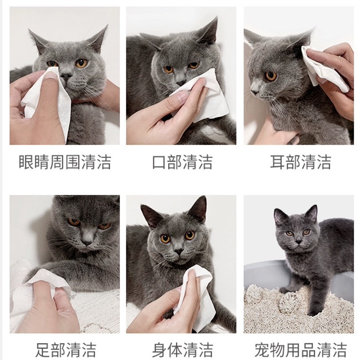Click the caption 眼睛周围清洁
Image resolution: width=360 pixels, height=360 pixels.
[65, 162]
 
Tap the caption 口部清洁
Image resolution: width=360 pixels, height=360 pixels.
[182, 162]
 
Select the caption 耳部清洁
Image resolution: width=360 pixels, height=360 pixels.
[300, 162]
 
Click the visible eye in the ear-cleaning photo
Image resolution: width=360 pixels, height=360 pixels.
[271, 76]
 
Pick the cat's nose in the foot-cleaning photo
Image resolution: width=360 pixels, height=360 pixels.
[87, 241]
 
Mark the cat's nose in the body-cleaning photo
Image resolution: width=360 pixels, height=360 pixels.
[178, 251]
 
